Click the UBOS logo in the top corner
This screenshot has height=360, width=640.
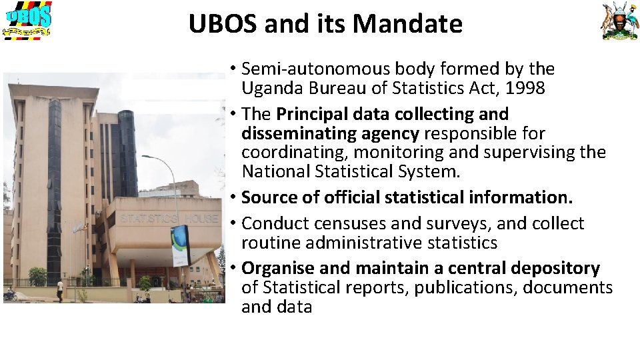tap(28, 20)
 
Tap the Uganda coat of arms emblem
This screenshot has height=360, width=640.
tap(620, 21)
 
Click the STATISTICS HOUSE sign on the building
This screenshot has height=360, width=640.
tap(169, 218)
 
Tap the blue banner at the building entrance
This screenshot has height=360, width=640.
tap(181, 245)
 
